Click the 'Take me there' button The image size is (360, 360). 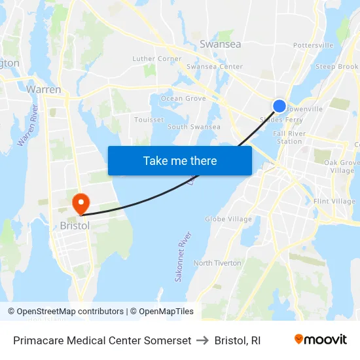point(180,160)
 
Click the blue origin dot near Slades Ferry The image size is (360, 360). point(279,106)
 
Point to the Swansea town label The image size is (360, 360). point(220,45)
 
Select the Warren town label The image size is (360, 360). point(44,89)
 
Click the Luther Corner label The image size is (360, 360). point(157,59)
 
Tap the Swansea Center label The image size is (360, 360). point(215,67)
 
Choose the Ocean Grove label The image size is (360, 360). point(183,99)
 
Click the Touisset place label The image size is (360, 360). point(149,120)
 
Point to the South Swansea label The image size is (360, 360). point(194,127)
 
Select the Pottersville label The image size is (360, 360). point(313,45)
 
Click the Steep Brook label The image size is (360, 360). point(337,67)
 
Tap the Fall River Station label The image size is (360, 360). point(291,137)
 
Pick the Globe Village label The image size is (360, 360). point(228,219)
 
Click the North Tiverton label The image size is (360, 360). point(217,263)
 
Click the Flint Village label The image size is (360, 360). point(334,202)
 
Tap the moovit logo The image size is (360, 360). point(320,340)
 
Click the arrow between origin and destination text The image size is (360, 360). point(203,340)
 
